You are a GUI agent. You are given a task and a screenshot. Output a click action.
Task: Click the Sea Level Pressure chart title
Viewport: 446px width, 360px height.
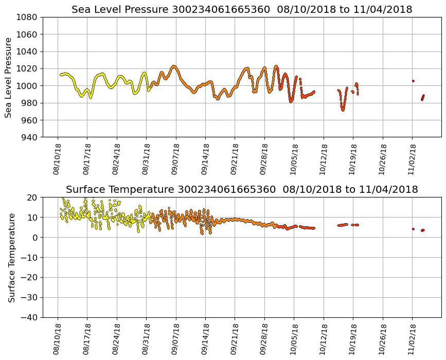(x=242, y=10)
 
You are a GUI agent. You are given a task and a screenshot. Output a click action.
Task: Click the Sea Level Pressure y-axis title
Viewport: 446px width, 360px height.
(x=9, y=77)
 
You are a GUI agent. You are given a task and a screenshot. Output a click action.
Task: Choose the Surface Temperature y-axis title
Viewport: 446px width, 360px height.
(x=11, y=257)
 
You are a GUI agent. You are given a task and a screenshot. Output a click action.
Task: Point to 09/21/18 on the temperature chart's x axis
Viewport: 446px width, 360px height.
(x=235, y=339)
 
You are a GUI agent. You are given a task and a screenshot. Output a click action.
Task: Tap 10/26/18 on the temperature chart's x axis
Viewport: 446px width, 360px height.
(x=383, y=339)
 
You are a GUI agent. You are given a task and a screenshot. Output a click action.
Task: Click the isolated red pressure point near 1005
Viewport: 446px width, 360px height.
(x=413, y=81)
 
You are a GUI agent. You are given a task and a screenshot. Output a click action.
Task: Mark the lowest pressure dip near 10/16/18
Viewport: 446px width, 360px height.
(x=343, y=110)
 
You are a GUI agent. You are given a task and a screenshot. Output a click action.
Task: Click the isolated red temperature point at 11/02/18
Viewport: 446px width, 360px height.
(x=413, y=229)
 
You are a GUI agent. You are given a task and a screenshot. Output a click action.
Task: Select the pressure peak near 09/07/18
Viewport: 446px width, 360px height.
(x=174, y=66)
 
